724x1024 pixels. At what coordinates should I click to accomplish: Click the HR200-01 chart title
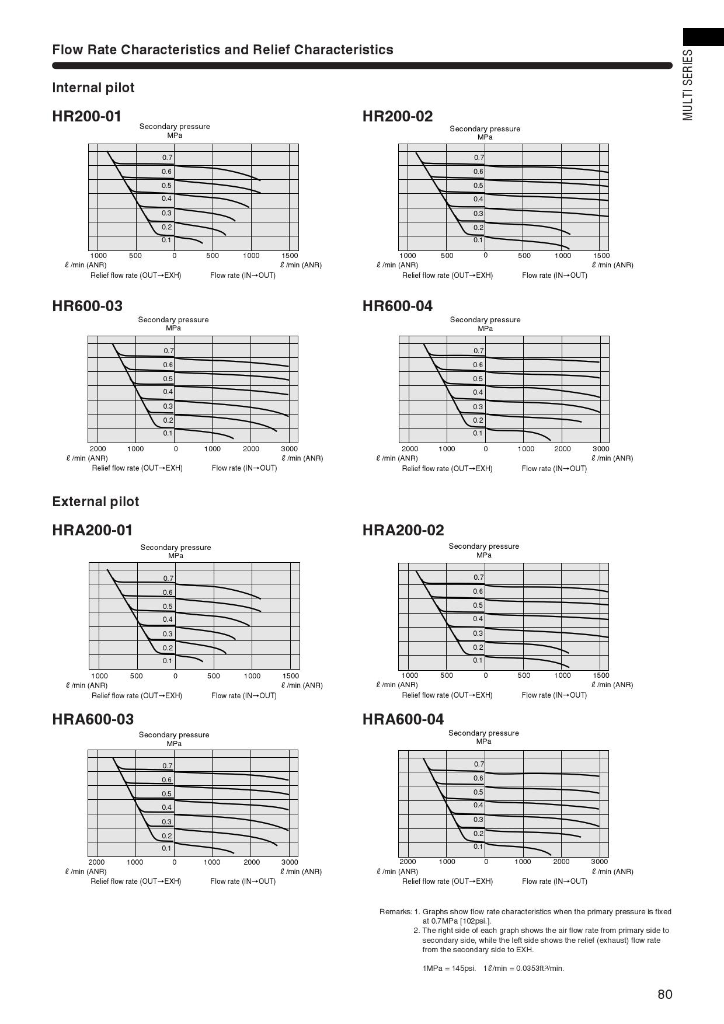point(87,116)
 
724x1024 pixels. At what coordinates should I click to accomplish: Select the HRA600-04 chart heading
point(403,719)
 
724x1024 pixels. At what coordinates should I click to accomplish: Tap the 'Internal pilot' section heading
point(93,88)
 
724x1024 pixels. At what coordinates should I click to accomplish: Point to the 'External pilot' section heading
point(96,501)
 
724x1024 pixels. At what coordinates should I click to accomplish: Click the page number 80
point(664,994)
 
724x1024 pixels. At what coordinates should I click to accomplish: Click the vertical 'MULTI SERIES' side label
point(688,85)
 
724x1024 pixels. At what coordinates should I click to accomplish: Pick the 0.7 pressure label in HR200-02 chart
point(479,158)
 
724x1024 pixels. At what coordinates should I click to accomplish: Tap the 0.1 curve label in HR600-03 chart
point(168,433)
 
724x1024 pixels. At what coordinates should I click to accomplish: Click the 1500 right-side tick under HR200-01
point(290,255)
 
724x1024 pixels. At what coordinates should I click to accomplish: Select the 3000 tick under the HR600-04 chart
point(601,449)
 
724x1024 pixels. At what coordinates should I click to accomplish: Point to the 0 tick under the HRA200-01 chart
point(175,676)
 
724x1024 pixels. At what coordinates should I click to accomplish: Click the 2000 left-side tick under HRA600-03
point(96,862)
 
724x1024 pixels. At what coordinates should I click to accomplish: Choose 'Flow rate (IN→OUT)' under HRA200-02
point(554,695)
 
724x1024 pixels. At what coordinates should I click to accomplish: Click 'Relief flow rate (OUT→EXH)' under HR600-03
point(137,468)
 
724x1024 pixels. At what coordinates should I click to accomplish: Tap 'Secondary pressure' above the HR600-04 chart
point(485,319)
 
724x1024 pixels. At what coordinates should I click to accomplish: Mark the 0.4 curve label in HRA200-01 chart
point(168,619)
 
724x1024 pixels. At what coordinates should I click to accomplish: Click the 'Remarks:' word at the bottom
point(395,911)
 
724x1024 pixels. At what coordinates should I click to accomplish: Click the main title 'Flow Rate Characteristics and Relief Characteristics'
point(222,50)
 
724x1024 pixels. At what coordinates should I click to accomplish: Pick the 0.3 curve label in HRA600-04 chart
point(478,820)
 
